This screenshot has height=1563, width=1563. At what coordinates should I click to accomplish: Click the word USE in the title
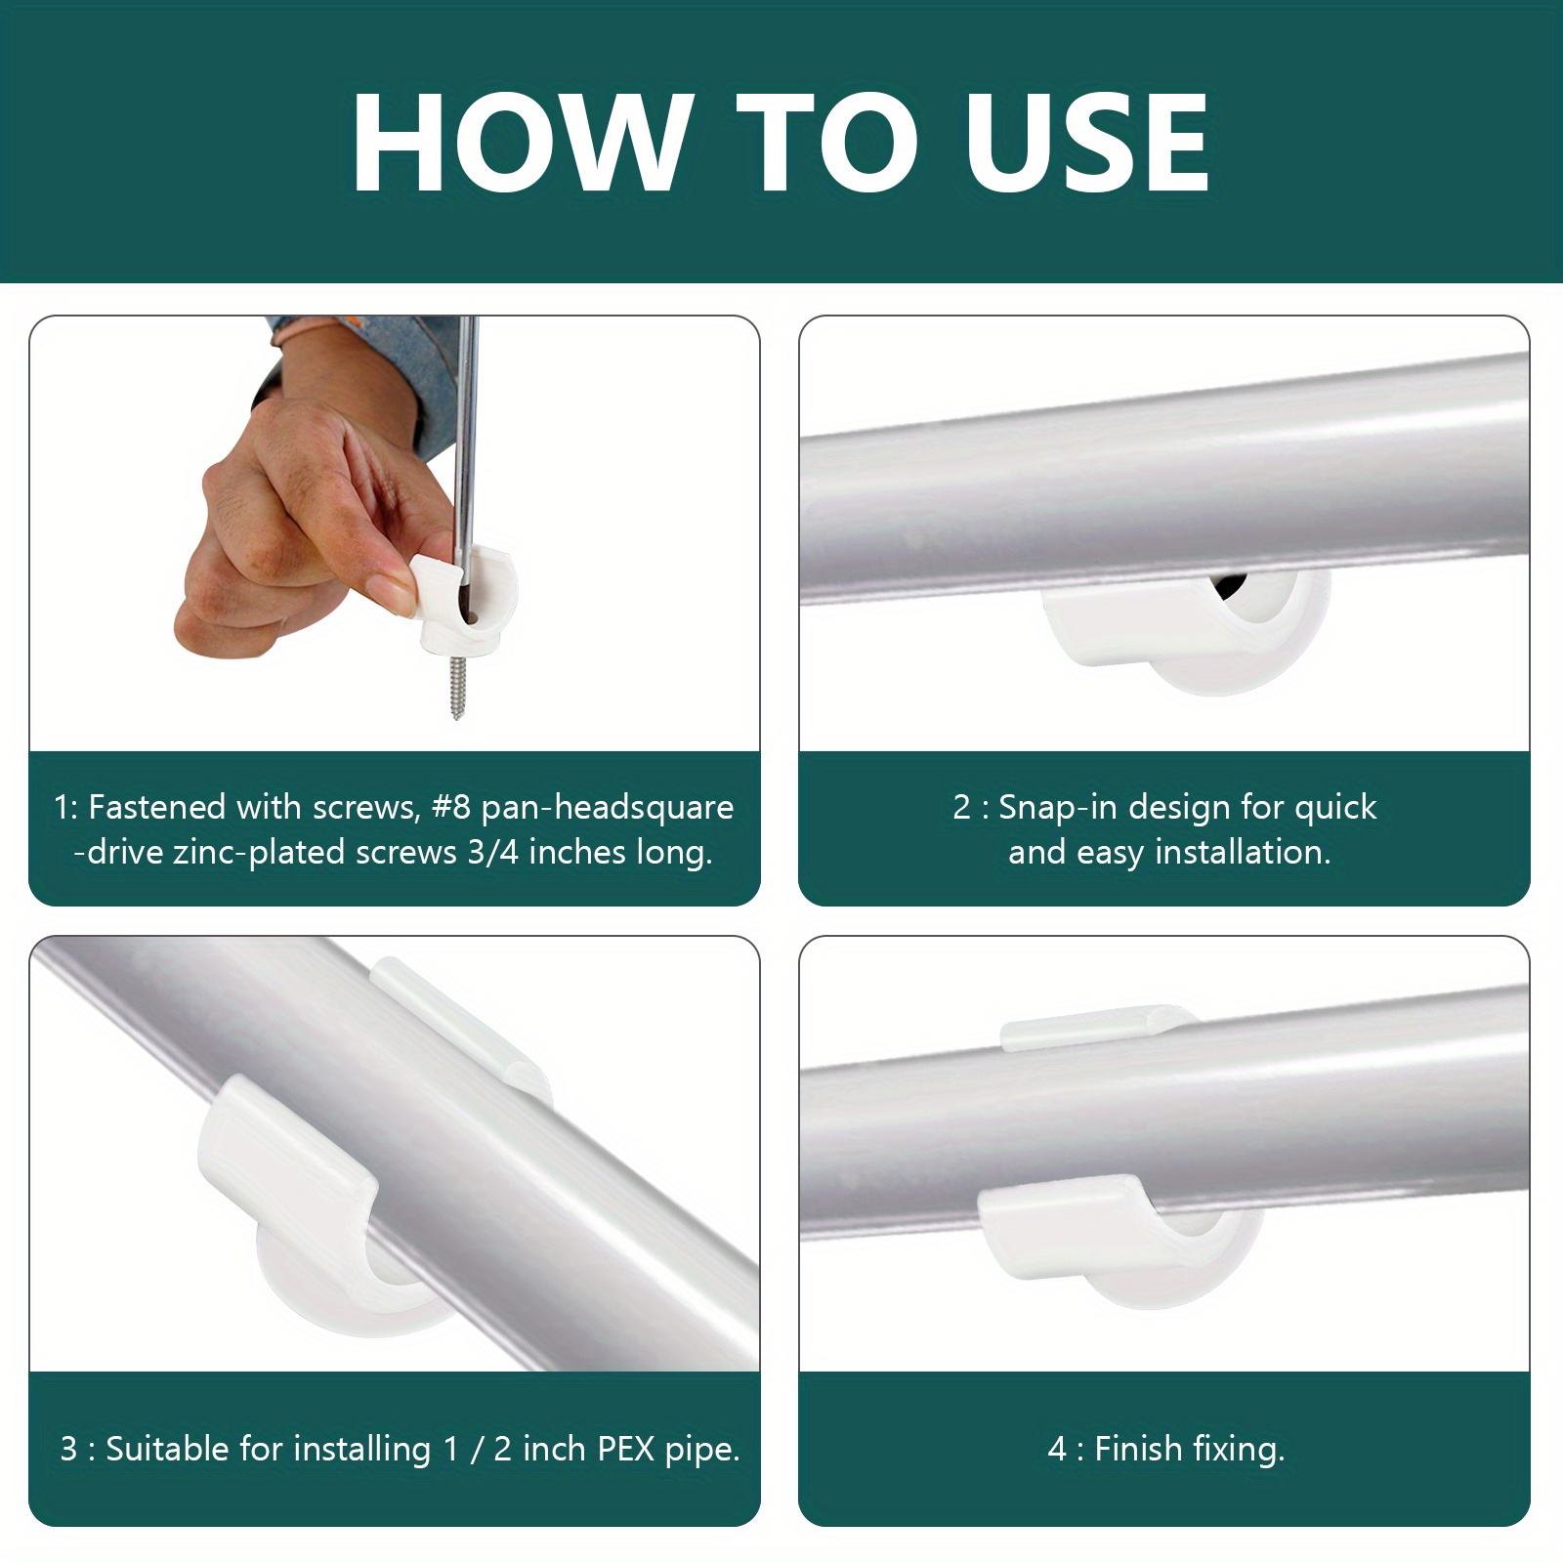[x=1086, y=145]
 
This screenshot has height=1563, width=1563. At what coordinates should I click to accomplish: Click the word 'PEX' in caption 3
[x=625, y=1449]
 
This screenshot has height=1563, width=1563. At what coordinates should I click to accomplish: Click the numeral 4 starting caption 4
[x=1056, y=1449]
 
